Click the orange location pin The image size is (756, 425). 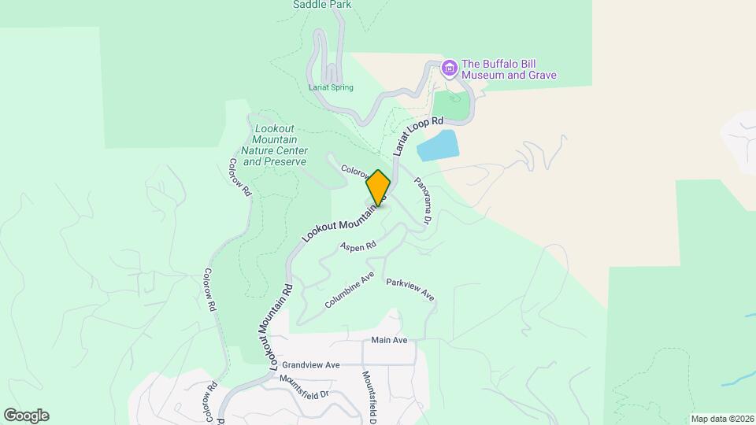(x=378, y=188)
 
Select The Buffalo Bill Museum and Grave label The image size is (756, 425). (x=509, y=70)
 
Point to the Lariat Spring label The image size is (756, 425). (x=331, y=87)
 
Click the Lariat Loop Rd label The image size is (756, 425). (x=418, y=136)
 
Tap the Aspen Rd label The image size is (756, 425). (x=358, y=246)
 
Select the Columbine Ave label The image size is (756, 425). (x=350, y=290)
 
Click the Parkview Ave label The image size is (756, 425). (x=409, y=289)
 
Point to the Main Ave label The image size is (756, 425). (x=390, y=340)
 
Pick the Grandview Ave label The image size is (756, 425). (x=310, y=365)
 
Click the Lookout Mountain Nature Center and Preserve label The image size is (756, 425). (x=274, y=145)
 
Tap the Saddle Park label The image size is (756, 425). (x=322, y=5)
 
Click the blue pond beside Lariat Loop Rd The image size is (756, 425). (x=437, y=146)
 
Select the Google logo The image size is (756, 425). (x=26, y=416)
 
